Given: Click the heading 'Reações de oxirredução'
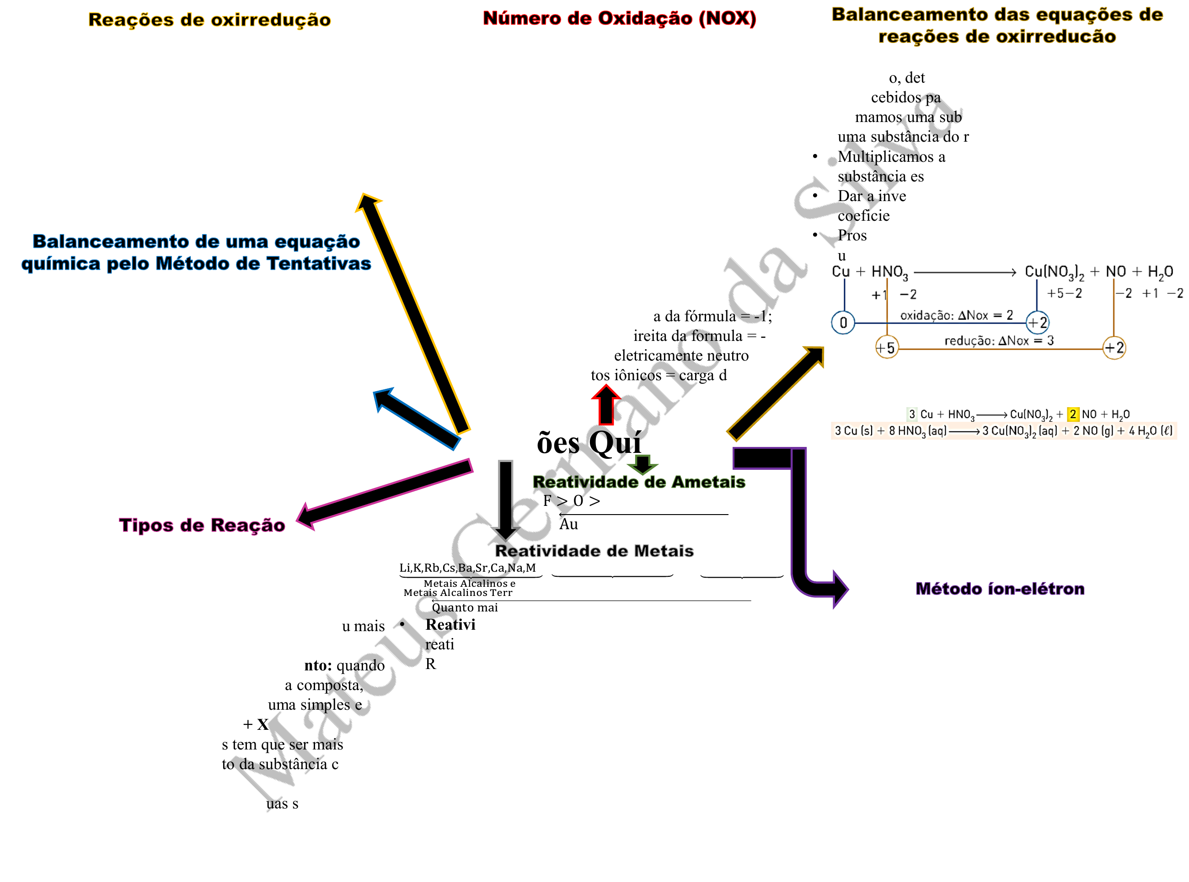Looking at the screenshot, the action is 209,20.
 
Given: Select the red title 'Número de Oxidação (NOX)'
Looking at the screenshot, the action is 619,18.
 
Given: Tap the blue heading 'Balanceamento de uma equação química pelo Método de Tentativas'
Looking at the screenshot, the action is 196,253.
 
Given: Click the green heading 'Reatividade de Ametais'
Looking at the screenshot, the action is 639,482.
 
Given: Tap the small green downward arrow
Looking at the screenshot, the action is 642,463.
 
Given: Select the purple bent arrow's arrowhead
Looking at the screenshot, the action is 839,589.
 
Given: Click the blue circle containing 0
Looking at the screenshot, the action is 843,323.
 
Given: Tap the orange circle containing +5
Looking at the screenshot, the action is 886,348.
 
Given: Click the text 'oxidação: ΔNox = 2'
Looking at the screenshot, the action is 956,315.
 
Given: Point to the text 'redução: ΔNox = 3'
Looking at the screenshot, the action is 998,340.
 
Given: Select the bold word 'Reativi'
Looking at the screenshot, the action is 450,625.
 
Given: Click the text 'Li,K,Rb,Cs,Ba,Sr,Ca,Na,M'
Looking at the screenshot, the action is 467,568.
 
